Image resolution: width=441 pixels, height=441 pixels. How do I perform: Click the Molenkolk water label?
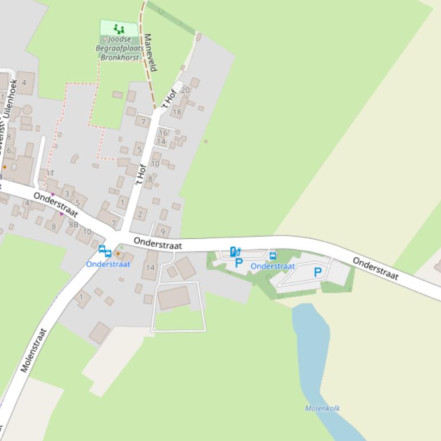point(322,408)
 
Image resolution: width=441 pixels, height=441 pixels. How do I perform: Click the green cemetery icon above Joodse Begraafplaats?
point(119,28)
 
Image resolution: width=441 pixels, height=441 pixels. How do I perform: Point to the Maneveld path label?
point(150,52)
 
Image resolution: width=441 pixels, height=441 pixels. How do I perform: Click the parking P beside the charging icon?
point(239,263)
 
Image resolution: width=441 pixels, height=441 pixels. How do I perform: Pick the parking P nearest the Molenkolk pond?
point(317,273)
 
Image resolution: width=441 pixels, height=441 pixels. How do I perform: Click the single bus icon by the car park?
point(273,256)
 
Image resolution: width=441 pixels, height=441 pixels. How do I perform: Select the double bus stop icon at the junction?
point(105,251)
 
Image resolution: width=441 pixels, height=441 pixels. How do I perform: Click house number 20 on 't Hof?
point(185,90)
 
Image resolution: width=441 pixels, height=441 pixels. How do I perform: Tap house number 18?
point(177,112)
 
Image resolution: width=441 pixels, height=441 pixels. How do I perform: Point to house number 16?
point(163,133)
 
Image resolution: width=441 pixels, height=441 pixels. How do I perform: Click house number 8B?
point(73,225)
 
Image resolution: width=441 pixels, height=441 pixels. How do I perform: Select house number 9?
point(163,232)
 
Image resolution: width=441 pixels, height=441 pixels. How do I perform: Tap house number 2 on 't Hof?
point(140,215)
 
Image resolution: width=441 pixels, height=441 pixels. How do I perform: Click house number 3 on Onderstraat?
point(66,194)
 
